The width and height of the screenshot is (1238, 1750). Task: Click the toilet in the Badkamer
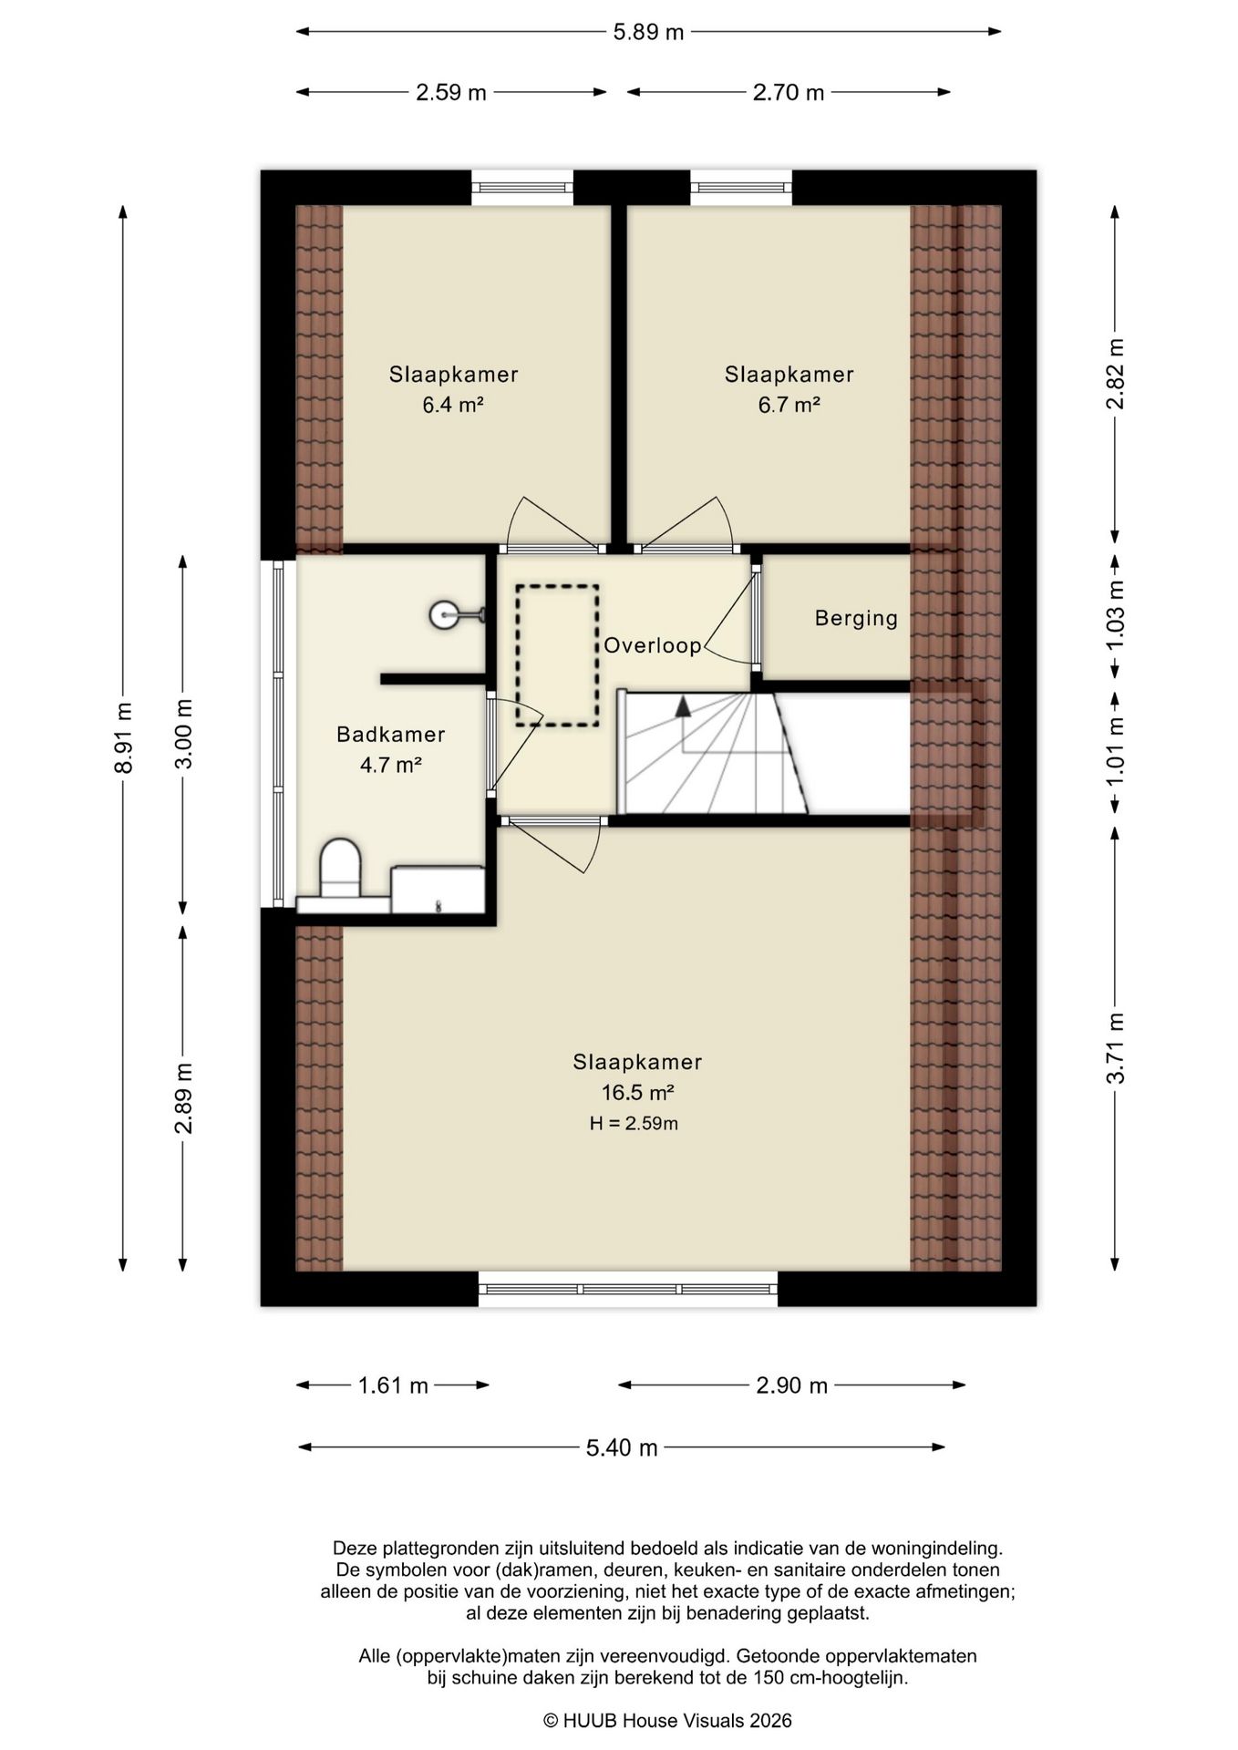tap(340, 870)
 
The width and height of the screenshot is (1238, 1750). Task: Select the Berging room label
tap(856, 619)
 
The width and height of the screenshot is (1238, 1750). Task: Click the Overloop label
tap(653, 646)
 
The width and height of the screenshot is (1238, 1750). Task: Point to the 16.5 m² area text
tap(637, 1092)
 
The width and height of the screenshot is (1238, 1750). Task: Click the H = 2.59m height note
tap(634, 1124)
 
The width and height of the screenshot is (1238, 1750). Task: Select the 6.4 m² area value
tap(452, 405)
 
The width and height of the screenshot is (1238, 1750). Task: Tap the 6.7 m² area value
tap(789, 405)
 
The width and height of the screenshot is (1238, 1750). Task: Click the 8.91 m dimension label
tap(124, 738)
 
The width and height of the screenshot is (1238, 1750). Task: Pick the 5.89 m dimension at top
tap(648, 33)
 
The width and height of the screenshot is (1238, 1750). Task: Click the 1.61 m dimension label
tap(393, 1386)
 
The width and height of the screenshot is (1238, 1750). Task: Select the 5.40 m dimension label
tap(622, 1448)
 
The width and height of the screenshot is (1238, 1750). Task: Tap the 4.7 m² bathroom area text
tap(390, 765)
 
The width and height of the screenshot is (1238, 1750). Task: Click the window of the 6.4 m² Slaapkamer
tap(522, 188)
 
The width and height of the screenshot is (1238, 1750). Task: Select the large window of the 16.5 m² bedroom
tap(628, 1289)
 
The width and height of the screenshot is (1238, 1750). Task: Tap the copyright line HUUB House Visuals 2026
tap(667, 1721)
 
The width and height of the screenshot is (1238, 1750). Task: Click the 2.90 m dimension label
tap(791, 1386)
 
